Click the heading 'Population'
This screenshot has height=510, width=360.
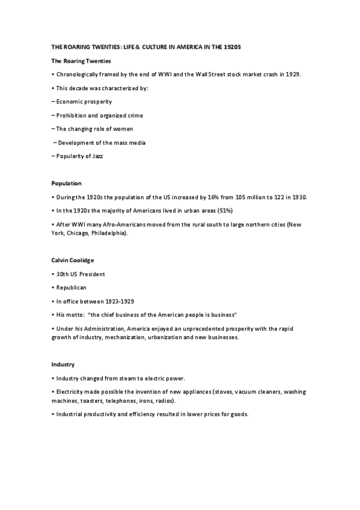pos(66,183)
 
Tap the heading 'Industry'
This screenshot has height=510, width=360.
pos(63,364)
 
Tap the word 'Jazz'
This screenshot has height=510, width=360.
pos(100,156)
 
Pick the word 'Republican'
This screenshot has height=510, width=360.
pos(72,287)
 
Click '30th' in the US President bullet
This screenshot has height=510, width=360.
pos(63,274)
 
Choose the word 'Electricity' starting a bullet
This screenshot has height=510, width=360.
pos(70,392)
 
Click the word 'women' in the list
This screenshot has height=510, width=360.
pos(121,129)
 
